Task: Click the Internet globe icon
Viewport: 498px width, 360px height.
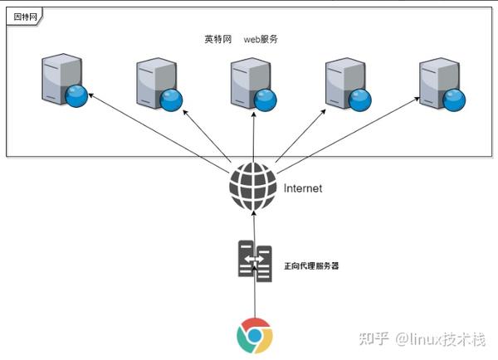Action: point(252,187)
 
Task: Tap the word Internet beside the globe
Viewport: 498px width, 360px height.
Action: point(302,188)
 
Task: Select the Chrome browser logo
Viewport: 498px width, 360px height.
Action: point(253,335)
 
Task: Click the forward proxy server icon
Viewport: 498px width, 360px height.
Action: point(253,259)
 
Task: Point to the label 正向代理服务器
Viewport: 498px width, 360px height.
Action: point(312,266)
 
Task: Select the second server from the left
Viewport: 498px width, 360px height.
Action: point(153,81)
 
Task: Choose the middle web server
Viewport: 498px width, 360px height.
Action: point(247,81)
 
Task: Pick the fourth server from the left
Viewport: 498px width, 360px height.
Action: point(342,81)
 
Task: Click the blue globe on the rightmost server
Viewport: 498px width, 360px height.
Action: point(455,100)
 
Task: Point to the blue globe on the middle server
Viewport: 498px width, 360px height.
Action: point(266,100)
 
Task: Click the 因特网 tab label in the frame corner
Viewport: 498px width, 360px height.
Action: point(22,17)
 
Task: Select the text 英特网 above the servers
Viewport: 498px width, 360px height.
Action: point(218,39)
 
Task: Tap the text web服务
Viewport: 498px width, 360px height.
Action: point(261,39)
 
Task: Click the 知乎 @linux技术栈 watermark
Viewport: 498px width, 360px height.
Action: point(422,338)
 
